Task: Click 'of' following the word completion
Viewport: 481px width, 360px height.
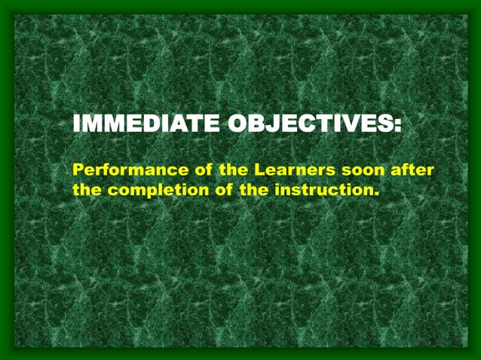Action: (x=224, y=189)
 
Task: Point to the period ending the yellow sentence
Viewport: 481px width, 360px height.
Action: (x=375, y=194)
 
